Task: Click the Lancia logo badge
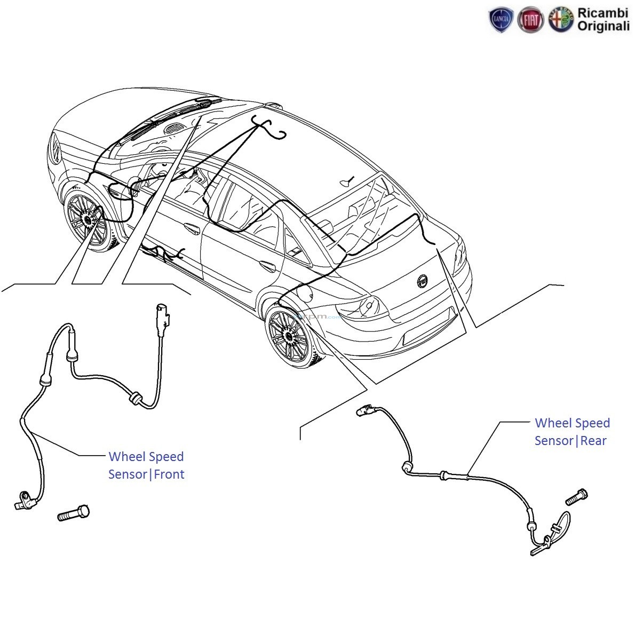pyautogui.click(x=501, y=20)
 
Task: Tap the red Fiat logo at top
pyautogui.click(x=531, y=20)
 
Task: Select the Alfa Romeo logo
pyautogui.click(x=561, y=20)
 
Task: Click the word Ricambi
pyautogui.click(x=604, y=13)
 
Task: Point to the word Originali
pyautogui.click(x=604, y=27)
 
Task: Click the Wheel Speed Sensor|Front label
pyautogui.click(x=146, y=465)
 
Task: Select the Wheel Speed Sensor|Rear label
pyautogui.click(x=571, y=432)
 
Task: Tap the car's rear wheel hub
pyautogui.click(x=289, y=336)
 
